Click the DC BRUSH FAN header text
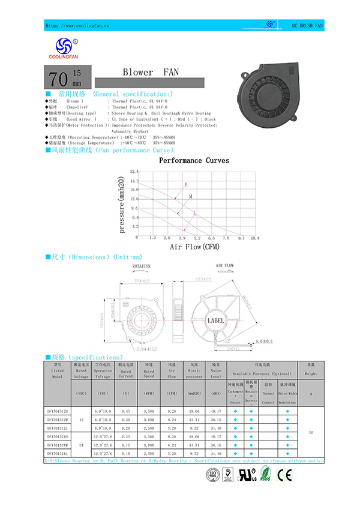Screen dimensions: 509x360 (307, 26)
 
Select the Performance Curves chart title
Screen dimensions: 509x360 (194, 161)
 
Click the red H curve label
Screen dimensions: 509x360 (186, 184)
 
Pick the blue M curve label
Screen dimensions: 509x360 (191, 197)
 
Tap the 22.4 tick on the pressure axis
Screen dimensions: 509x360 (134, 172)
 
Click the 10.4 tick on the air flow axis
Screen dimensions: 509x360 (255, 238)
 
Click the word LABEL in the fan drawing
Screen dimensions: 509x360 (215, 321)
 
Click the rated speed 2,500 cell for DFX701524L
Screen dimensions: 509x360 (149, 455)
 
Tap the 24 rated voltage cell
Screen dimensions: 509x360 (81, 445)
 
